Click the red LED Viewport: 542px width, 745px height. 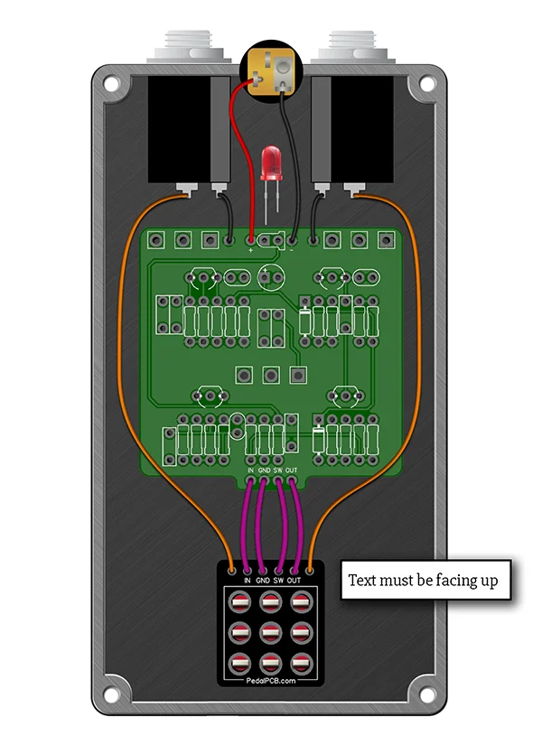270,163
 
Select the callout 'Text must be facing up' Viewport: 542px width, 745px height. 423,579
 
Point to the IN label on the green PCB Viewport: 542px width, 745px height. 251,470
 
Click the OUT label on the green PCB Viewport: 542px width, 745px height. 292,470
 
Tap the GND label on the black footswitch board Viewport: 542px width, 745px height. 262,581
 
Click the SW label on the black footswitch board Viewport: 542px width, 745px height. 279,581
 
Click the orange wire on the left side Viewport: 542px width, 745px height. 126,361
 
